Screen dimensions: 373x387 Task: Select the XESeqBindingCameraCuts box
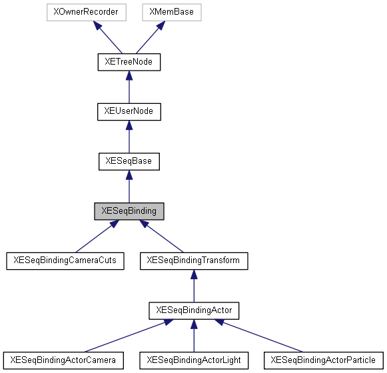pyautogui.click(x=65, y=260)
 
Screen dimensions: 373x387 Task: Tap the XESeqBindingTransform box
pyautogui.click(x=193, y=260)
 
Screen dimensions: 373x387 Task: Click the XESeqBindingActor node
pyautogui.click(x=193, y=310)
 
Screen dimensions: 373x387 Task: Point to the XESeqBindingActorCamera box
pyautogui.click(x=63, y=360)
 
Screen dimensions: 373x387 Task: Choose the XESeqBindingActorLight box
pyautogui.click(x=193, y=360)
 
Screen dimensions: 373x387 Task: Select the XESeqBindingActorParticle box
pyautogui.click(x=324, y=360)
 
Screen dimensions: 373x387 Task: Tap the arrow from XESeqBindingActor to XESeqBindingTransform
pyautogui.click(x=193, y=286)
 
